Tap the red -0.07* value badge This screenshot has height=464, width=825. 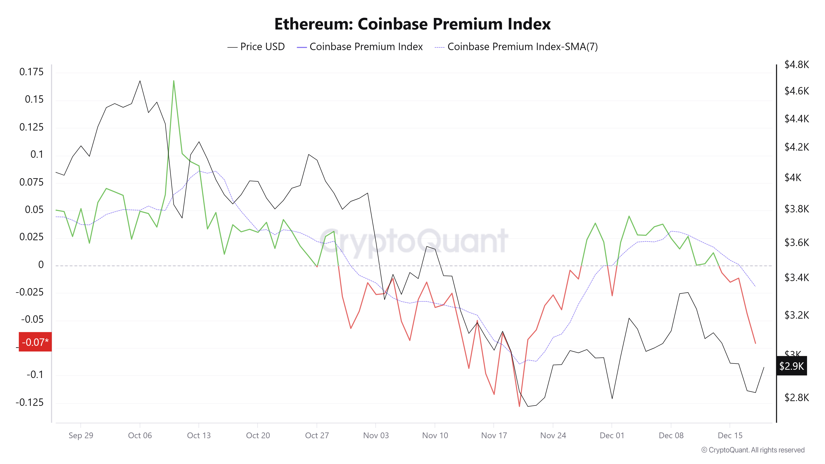(x=35, y=342)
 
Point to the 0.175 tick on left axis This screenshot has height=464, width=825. (x=31, y=72)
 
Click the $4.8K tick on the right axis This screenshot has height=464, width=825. (x=797, y=65)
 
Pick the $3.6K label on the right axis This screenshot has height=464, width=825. (x=797, y=242)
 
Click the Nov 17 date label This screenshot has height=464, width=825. (x=494, y=436)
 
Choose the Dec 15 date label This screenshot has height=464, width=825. (x=730, y=436)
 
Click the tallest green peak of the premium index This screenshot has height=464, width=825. (x=174, y=81)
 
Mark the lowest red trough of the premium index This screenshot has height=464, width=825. (x=520, y=406)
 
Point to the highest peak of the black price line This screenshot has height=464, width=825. (x=140, y=81)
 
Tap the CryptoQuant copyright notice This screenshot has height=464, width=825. (x=753, y=450)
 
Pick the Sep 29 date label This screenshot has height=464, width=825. (x=81, y=436)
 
